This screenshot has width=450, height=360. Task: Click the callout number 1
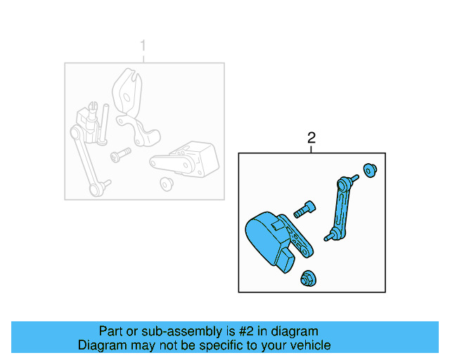143,46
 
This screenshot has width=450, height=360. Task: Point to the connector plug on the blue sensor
287,265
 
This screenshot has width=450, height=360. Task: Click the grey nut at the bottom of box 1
167,184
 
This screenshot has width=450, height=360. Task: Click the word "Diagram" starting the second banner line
103,345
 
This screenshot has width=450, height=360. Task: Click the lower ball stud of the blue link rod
329,237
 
